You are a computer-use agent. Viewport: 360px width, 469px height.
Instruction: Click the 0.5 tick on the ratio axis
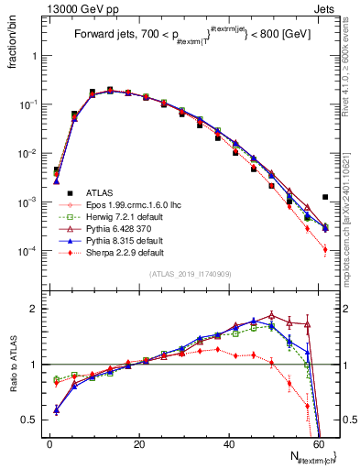[33, 420]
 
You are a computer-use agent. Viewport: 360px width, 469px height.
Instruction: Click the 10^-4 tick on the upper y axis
[31, 250]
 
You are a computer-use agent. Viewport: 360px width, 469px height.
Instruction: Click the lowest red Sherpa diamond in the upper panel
[325, 249]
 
